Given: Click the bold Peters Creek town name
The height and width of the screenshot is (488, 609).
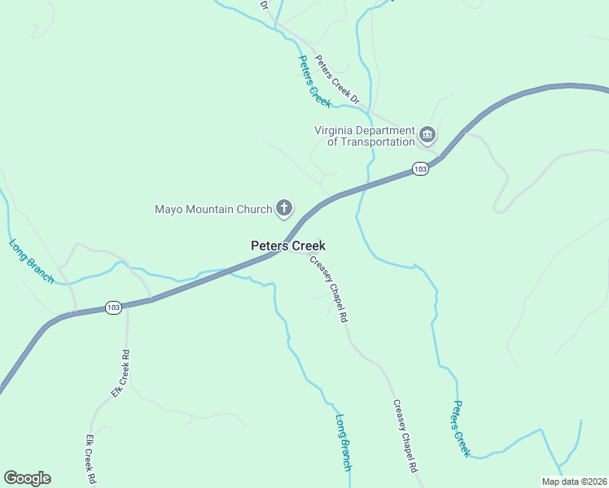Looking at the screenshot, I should (287, 245).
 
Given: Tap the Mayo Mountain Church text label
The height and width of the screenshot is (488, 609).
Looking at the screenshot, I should (212, 209).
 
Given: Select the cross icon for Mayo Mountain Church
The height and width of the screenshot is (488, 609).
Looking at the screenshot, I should (284, 208).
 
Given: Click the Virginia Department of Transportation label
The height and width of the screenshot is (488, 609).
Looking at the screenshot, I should (365, 136).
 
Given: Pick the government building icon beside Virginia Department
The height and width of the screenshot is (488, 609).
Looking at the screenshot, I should (427, 133).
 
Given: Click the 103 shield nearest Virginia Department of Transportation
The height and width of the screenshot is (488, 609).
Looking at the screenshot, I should (419, 168).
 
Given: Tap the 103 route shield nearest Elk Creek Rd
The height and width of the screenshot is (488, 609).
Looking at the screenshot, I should (113, 307).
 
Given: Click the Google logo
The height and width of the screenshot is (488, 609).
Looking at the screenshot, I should (27, 478).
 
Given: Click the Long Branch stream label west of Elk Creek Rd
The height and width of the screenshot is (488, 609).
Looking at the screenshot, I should (31, 261).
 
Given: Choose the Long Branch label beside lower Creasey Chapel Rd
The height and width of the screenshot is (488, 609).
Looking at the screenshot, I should (344, 442).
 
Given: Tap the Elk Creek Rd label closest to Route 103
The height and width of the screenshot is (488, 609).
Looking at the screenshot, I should (120, 373).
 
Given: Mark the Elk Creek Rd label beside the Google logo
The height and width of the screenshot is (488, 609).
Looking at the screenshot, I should (91, 459).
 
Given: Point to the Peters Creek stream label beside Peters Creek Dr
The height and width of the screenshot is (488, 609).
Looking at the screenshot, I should (314, 81).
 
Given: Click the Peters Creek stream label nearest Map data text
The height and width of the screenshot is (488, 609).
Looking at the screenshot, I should (462, 429).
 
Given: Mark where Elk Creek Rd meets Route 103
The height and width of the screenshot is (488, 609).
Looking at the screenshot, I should (127, 305).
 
